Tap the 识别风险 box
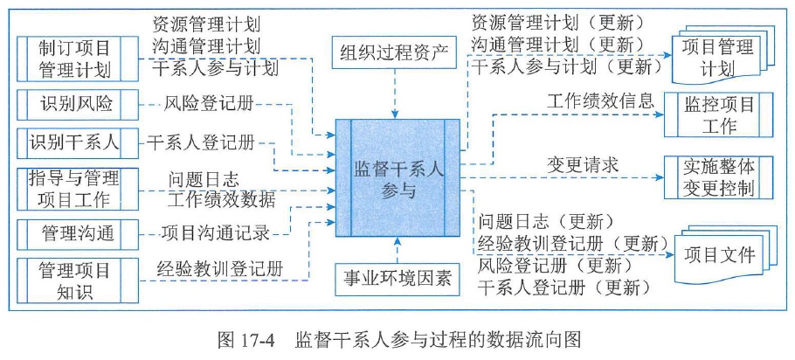click(73, 105)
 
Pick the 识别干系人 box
click(73, 142)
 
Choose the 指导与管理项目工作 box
click(73, 190)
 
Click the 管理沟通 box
click(73, 233)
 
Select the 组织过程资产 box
click(394, 53)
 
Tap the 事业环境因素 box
click(394, 280)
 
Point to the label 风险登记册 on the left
click(210, 104)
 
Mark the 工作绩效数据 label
click(222, 199)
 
